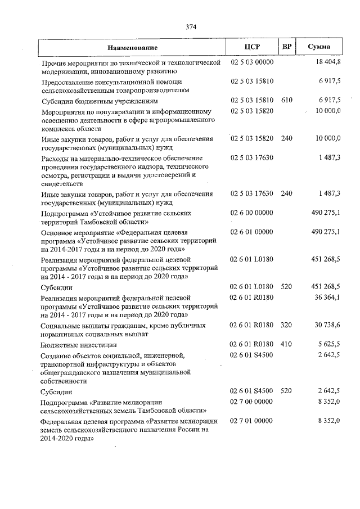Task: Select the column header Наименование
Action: coord(133,47)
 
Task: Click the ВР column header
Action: coord(286,47)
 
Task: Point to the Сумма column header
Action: coord(319,47)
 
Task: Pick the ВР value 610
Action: coord(286,100)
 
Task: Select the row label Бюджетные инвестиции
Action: coord(79,345)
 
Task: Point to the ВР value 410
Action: coord(286,344)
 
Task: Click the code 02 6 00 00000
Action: coord(251,213)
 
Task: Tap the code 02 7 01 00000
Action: coord(251,421)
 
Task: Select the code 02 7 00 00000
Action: coord(251,402)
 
